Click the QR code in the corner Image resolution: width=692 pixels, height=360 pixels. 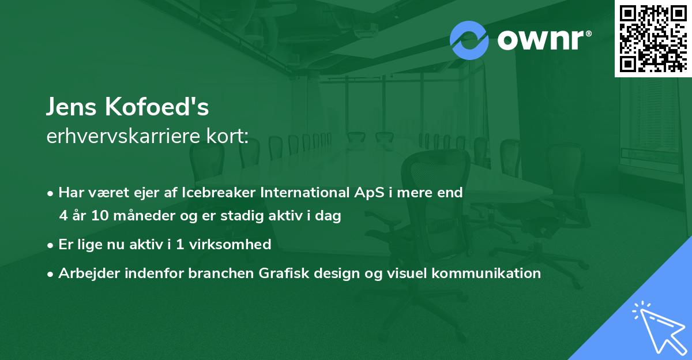(653, 39)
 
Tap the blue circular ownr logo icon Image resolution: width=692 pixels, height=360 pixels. (469, 40)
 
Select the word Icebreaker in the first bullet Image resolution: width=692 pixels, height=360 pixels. (214, 193)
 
